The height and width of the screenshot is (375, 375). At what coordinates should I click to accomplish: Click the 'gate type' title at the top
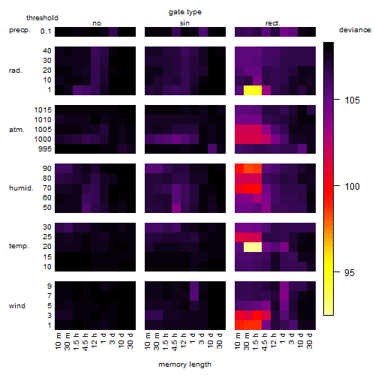185,12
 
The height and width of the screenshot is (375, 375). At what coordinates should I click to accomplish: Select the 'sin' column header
184,23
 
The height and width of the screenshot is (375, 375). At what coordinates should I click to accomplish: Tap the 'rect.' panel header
272,23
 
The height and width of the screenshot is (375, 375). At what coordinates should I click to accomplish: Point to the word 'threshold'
42,18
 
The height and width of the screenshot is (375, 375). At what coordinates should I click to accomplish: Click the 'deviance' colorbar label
355,30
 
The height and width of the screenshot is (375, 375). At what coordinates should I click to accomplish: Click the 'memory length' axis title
184,364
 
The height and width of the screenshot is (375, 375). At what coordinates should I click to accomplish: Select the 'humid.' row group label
21,188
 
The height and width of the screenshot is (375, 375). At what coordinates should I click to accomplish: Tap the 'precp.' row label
19,30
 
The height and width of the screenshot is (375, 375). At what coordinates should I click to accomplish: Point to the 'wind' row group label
17,306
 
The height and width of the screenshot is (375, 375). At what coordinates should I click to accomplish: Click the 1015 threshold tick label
43,110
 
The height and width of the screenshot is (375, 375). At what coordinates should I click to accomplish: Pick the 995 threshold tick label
45,149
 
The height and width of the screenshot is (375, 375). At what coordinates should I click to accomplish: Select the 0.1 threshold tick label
46,31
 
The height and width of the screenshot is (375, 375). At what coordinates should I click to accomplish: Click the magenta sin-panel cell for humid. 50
176,208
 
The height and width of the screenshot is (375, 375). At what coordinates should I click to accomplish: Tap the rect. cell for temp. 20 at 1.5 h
257,247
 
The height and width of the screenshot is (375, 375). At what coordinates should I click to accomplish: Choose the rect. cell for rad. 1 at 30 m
248,90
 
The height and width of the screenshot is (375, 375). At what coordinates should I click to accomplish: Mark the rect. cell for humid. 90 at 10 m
239,169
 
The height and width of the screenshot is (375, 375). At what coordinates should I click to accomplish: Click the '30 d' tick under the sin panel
220,340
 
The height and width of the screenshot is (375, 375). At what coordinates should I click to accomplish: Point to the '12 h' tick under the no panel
94,340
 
